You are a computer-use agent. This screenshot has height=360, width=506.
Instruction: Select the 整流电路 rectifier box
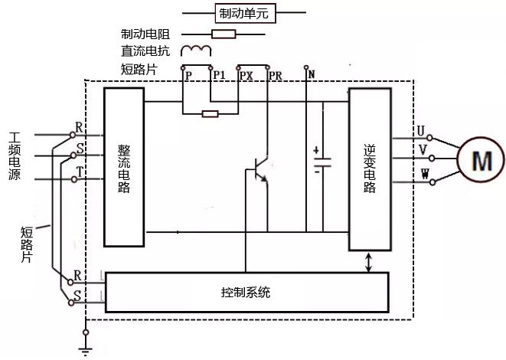124,166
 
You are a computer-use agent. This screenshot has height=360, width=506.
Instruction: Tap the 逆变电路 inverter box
369,169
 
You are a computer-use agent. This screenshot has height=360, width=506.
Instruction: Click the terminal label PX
246,75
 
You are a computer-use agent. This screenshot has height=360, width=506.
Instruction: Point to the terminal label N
312,74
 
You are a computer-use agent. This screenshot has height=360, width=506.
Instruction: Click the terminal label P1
218,75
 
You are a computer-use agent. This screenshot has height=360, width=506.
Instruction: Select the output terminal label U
420,129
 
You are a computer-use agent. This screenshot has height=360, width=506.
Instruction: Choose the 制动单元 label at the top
243,13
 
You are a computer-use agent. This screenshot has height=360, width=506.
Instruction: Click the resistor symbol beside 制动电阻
224,34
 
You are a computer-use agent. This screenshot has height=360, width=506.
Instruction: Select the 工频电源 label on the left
15,157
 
